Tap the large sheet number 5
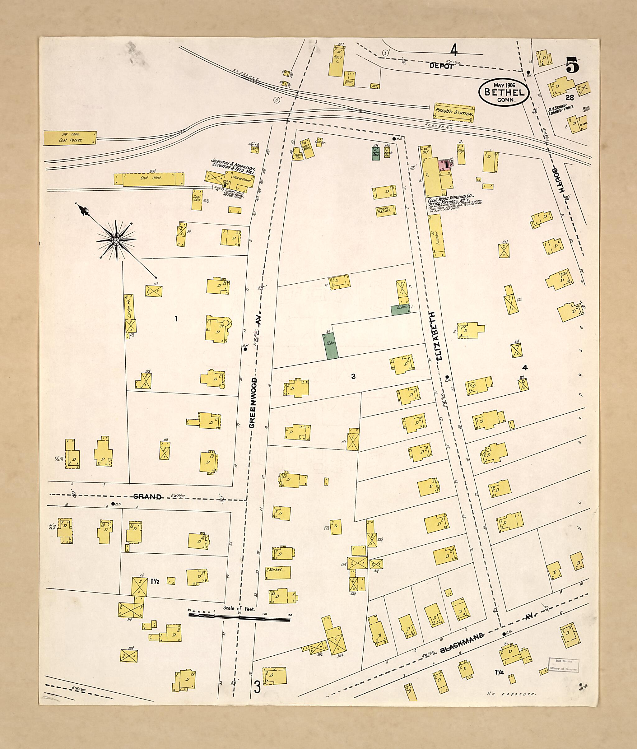572,66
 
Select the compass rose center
116,240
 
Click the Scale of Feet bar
239,619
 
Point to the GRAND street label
147,496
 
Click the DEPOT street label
441,66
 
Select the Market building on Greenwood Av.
278,572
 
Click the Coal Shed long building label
151,178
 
